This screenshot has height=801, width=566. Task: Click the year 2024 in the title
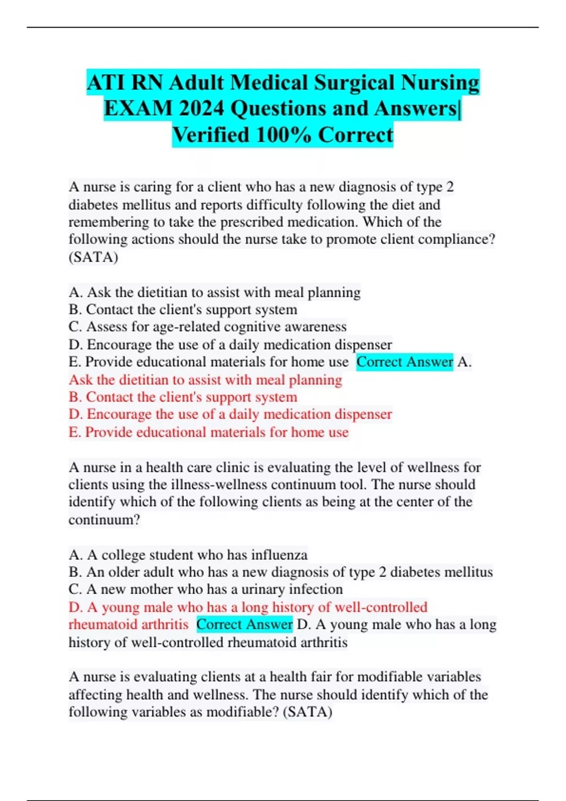[x=201, y=109]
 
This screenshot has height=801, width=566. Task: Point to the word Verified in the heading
[x=210, y=135]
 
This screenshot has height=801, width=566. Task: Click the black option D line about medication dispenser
[x=230, y=344]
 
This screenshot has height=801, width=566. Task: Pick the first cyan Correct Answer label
[x=404, y=362]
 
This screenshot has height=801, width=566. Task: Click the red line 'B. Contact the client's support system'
[x=183, y=397]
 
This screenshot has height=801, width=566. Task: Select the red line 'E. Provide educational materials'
[x=208, y=432]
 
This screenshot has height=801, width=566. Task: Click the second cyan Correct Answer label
[x=244, y=624]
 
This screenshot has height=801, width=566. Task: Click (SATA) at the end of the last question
[x=308, y=711]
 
